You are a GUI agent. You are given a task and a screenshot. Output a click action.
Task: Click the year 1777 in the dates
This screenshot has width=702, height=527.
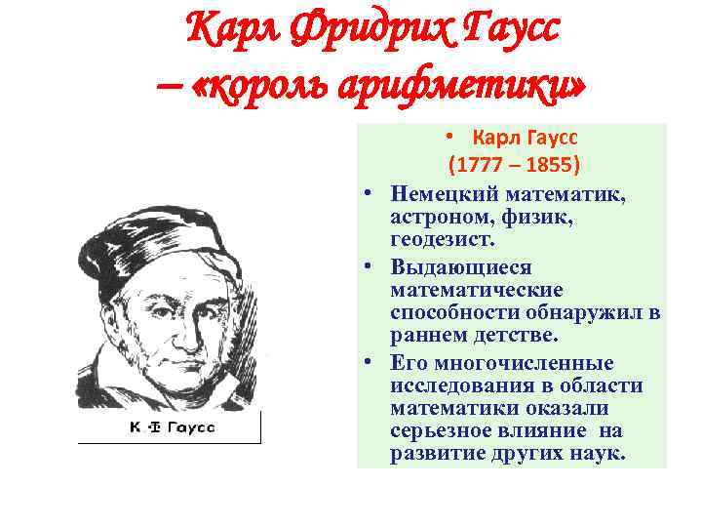tap(479, 161)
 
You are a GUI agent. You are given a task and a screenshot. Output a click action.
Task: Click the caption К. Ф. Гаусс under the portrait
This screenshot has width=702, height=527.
tap(171, 427)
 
